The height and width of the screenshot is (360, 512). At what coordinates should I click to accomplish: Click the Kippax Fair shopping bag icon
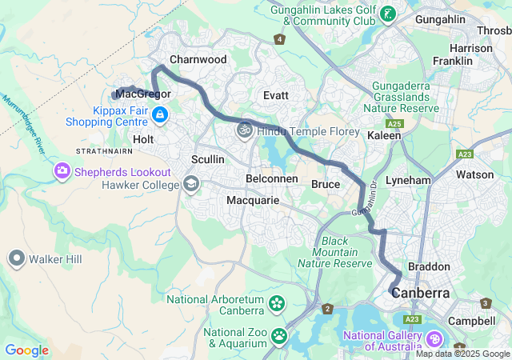[160, 115]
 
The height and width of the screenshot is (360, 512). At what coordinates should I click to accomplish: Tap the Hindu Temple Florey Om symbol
[244, 129]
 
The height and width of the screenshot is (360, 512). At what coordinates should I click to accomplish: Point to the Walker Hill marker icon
[17, 258]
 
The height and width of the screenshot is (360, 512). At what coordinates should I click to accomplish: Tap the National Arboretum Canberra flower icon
[277, 304]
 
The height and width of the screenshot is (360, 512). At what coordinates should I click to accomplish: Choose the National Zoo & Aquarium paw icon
[279, 337]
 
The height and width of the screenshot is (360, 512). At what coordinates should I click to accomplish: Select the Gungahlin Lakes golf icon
[389, 14]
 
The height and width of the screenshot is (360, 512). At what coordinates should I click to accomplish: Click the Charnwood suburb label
[198, 59]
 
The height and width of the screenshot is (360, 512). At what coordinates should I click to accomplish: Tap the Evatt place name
[276, 94]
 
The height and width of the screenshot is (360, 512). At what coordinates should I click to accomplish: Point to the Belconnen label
[272, 178]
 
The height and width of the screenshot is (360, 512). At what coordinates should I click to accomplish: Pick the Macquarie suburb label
[253, 200]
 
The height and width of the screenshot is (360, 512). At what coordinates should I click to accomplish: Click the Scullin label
[208, 159]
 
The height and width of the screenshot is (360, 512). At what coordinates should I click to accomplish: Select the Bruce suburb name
[325, 184]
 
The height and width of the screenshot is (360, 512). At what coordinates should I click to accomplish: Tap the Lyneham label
[408, 181]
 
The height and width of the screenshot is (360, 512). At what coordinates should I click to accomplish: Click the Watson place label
[475, 174]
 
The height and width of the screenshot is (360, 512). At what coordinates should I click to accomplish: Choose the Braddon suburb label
[429, 266]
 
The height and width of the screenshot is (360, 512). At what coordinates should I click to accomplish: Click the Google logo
[26, 350]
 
